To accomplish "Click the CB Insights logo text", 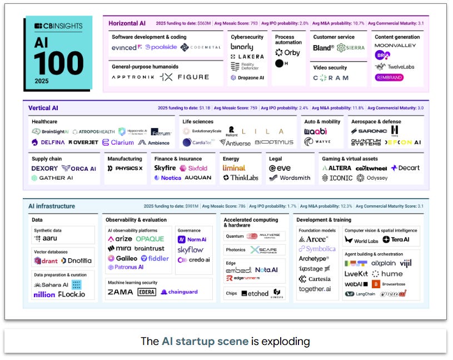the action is pyautogui.click(x=59, y=26).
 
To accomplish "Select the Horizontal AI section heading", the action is pyautogui.click(x=127, y=23).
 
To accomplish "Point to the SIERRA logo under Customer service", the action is pyautogui.click(x=350, y=48).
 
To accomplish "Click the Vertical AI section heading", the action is pyautogui.click(x=43, y=107).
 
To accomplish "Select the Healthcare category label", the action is pyautogui.click(x=44, y=121).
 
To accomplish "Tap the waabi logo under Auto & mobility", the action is pyautogui.click(x=316, y=131).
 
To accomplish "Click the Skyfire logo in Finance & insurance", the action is pyautogui.click(x=165, y=168).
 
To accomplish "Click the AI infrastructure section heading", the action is pyautogui.click(x=52, y=206).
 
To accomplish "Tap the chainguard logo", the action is pyautogui.click(x=180, y=292).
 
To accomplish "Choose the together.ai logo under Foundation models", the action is pyautogui.click(x=315, y=289).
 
